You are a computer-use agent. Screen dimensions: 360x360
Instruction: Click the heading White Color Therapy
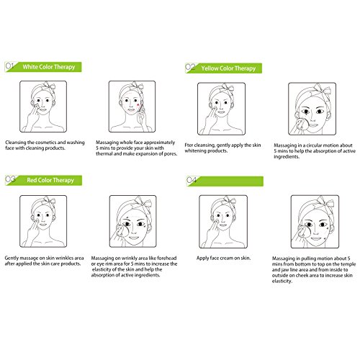[49, 67]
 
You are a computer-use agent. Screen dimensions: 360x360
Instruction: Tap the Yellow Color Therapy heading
[228, 68]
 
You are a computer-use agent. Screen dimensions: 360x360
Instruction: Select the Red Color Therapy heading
[50, 180]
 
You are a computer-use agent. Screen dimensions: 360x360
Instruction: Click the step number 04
[192, 180]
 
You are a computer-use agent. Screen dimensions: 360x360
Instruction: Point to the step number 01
[9, 66]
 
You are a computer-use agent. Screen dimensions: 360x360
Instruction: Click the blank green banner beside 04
[230, 181]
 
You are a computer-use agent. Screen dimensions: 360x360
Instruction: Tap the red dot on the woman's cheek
[138, 105]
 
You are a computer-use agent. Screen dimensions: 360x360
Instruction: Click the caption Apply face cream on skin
[223, 258]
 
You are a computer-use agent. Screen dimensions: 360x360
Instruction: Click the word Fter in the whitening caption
[189, 145]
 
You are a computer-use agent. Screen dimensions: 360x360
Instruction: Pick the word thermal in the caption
[104, 153]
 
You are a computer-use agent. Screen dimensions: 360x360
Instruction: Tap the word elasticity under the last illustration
[282, 281]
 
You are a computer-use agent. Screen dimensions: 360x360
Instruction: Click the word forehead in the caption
[167, 258]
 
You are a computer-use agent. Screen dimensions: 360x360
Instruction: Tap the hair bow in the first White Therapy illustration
[49, 86]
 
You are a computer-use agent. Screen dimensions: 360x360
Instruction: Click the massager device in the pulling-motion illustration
[304, 233]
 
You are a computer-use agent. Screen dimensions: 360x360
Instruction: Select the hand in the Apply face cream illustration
[212, 233]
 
